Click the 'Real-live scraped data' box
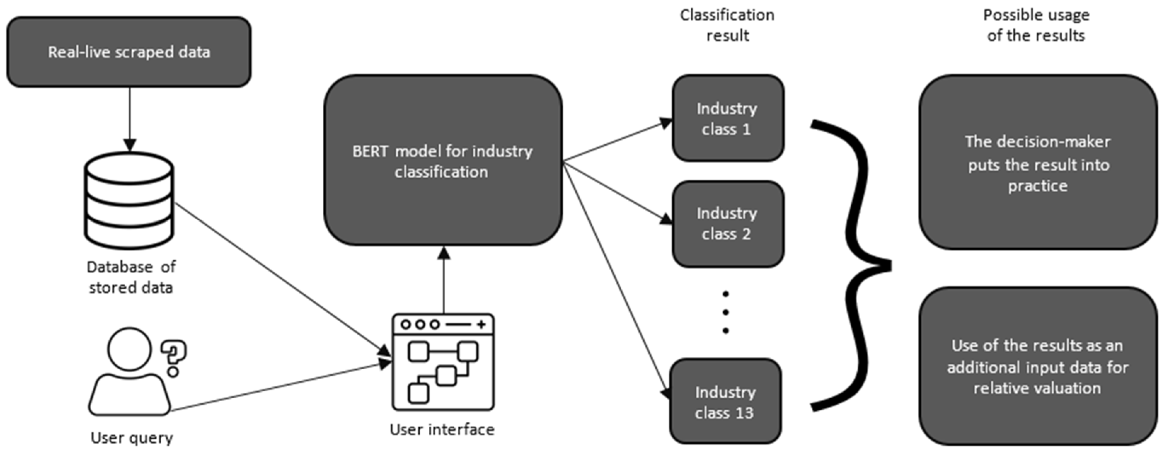pos(129,52)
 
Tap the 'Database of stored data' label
pos(131,277)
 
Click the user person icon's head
pos(129,350)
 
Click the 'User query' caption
pos(132,438)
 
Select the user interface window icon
pos(443,362)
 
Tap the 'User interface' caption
pos(442,429)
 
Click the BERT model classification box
pos(443,161)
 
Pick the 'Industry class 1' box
pos(727,118)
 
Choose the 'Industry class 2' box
pos(727,224)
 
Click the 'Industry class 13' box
pos(725,402)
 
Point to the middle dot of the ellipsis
pos(725,312)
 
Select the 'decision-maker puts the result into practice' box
pos(1037,163)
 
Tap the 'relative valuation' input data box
pos(1037,366)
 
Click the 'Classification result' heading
pos(727,25)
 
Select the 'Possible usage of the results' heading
pos(1036,25)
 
